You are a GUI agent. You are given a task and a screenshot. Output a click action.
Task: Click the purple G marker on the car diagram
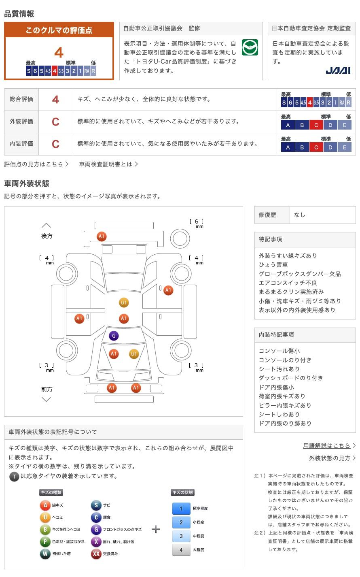[114, 336]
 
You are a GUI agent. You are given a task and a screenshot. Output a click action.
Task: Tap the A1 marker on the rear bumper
[102, 236]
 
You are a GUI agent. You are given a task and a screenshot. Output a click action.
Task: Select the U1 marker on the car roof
[124, 302]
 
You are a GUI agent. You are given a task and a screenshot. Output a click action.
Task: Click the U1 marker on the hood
[134, 354]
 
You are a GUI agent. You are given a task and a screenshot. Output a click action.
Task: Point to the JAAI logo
[338, 70]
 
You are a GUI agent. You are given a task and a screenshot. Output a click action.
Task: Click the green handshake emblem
[250, 48]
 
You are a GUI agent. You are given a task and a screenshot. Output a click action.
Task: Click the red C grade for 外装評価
[56, 122]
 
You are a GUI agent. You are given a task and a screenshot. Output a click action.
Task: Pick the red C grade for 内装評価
[56, 144]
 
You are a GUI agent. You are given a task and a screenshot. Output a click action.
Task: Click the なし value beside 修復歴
[300, 215]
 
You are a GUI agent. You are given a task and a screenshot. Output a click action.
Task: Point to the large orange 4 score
[59, 53]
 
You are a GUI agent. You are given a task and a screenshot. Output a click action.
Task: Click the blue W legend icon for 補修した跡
[45, 554]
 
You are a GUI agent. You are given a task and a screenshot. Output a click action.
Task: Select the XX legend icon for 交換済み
[96, 554]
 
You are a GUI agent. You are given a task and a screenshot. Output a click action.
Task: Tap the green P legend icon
[45, 541]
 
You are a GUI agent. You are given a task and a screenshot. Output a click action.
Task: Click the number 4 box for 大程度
[181, 550]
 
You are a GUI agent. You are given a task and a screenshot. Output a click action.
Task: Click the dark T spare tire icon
[14, 477]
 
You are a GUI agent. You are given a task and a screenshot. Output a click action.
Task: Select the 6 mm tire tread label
[197, 223]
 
